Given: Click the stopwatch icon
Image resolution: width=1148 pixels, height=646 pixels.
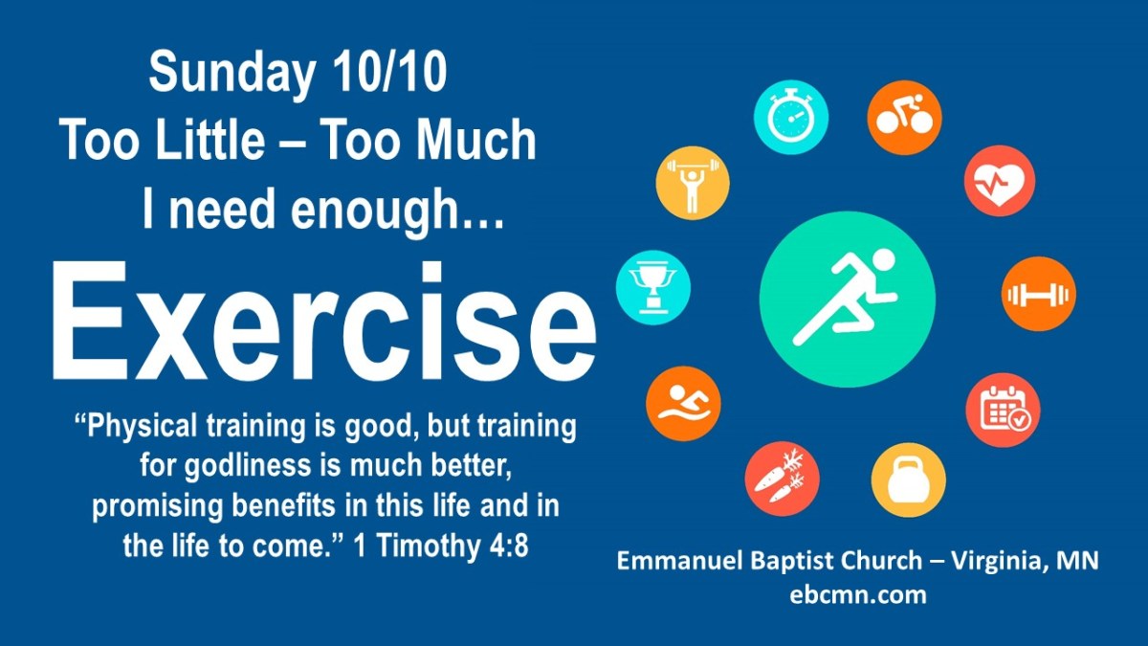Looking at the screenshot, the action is tap(791, 118).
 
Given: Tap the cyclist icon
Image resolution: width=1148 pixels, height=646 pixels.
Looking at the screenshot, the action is tap(905, 118).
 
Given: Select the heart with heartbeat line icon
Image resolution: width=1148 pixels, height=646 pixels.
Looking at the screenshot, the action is tap(1000, 181).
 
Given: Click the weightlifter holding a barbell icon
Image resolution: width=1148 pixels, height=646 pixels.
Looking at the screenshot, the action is tap(693, 183).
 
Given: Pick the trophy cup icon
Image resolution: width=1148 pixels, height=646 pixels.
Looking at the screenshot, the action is tap(652, 288).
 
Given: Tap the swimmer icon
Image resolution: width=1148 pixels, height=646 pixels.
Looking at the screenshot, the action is tap(683, 404).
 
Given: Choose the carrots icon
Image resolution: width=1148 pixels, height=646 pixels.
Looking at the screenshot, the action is tap(783, 479).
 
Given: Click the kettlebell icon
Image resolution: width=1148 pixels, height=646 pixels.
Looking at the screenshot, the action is tap(908, 480).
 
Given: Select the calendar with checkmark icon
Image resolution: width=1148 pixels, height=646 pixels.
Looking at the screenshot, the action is tap(1003, 411).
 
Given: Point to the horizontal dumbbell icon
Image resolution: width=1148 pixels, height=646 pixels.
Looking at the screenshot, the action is tap(1039, 295).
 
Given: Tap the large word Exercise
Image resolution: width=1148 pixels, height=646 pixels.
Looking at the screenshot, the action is tap(324, 321).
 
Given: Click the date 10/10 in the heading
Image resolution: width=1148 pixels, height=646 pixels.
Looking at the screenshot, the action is tap(389, 73).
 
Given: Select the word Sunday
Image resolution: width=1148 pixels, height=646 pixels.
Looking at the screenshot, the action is tap(232, 76).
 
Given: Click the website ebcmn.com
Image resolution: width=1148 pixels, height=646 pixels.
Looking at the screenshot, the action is tap(858, 595).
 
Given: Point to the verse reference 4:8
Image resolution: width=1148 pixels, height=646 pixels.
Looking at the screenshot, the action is tap(508, 546).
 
